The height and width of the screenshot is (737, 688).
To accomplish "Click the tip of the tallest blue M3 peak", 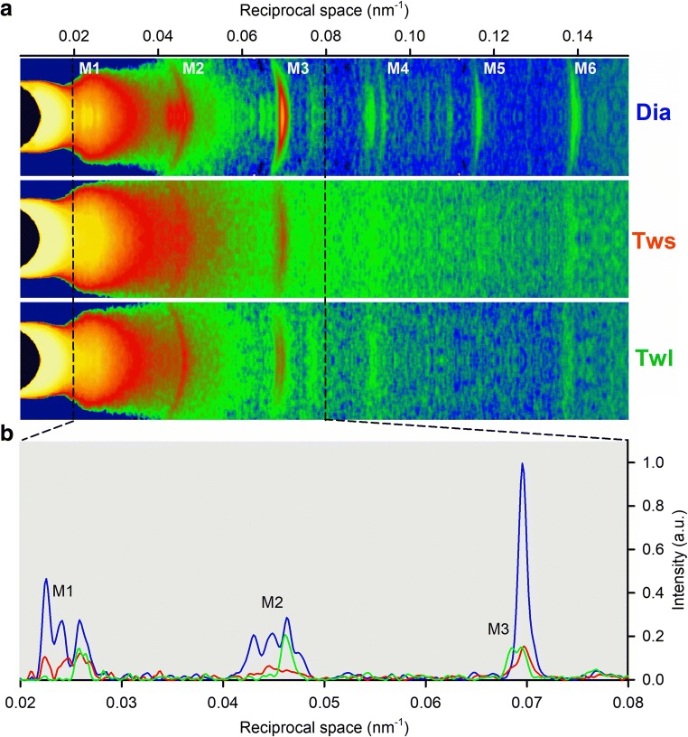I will pyautogui.click(x=522, y=464).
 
